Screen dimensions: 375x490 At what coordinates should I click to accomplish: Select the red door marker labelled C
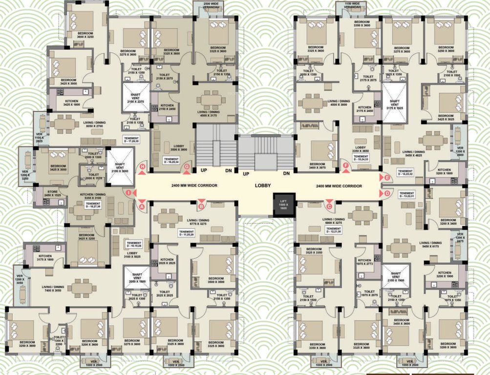click(329, 206)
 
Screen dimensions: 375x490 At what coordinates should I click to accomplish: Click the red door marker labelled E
click(387, 177)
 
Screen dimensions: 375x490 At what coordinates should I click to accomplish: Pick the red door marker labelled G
click(186, 167)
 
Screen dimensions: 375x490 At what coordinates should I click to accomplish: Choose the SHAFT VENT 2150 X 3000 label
click(120, 167)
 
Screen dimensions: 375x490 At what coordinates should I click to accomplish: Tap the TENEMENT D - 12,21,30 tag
click(333, 230)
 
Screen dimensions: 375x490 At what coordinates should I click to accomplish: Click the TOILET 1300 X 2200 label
click(59, 340)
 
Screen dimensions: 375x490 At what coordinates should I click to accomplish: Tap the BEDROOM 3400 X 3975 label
click(317, 166)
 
